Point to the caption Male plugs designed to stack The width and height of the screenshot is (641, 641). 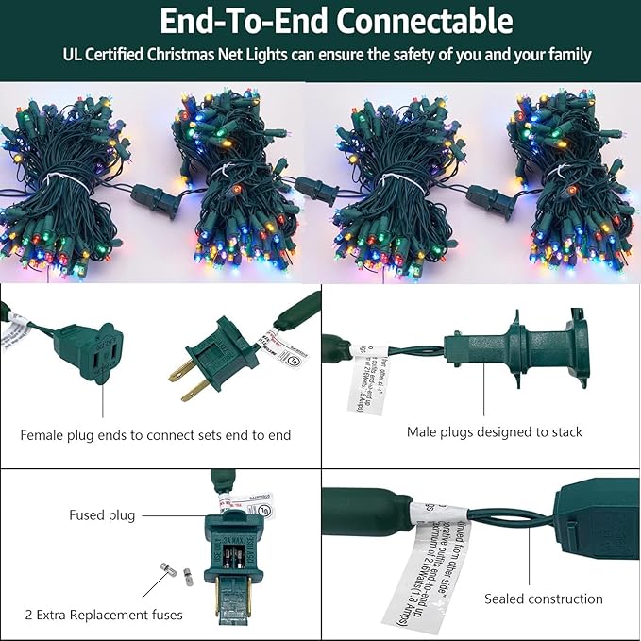click(x=495, y=431)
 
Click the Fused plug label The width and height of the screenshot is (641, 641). click(x=101, y=515)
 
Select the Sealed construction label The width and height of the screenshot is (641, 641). click(x=543, y=599)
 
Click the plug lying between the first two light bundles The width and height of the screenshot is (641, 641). click(x=156, y=199)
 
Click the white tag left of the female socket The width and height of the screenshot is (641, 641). click(x=13, y=334)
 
